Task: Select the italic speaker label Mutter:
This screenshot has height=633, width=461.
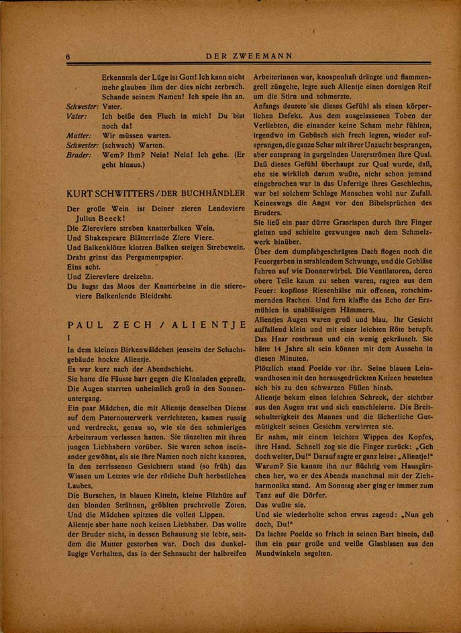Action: tap(79, 135)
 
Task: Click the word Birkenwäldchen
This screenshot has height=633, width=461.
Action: tap(138, 349)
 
